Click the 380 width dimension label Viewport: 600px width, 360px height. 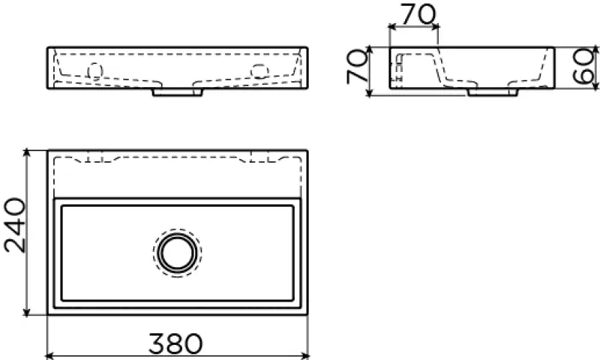(x=175, y=343)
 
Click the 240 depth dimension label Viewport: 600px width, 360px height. (x=15, y=225)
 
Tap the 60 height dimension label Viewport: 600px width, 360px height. (x=583, y=67)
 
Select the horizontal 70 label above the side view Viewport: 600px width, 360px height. (x=418, y=13)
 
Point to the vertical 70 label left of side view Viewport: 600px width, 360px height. (x=357, y=67)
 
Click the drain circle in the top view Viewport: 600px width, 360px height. (x=177, y=253)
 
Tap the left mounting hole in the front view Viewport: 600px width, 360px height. (x=95, y=71)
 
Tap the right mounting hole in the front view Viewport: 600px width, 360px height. (x=259, y=70)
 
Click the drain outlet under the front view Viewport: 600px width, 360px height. (x=178, y=92)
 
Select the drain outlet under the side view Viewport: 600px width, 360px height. (x=493, y=92)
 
